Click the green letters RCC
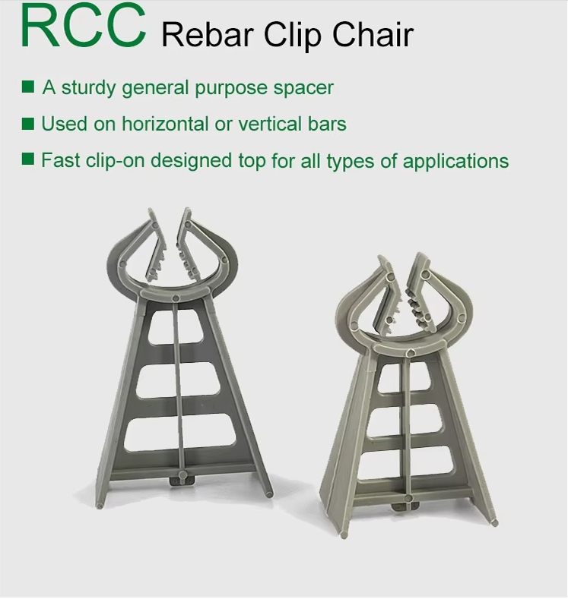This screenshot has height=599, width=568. click(x=84, y=25)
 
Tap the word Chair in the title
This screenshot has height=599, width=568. click(x=373, y=35)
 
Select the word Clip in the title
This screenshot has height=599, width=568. click(x=293, y=36)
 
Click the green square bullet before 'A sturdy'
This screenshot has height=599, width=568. click(x=28, y=87)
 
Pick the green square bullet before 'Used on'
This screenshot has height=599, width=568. click(x=28, y=124)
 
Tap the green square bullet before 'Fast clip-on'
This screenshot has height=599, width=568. click(x=28, y=159)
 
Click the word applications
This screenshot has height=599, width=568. click(x=455, y=162)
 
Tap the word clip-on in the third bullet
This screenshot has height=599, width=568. click(x=115, y=161)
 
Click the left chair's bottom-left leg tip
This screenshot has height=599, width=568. click(x=100, y=506)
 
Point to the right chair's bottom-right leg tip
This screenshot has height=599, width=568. click(x=495, y=522)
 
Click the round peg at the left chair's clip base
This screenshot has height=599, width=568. click(x=176, y=298)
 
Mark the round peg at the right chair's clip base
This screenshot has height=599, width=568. click(x=409, y=352)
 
